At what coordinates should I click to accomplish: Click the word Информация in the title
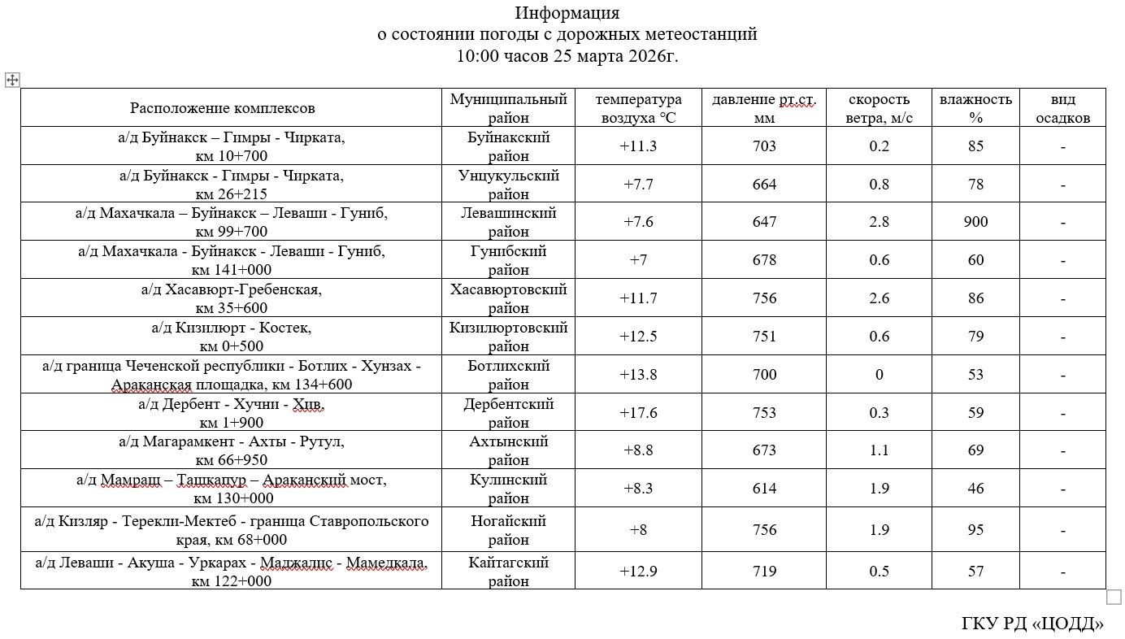click(x=567, y=13)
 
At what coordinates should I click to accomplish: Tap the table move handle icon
click(x=12, y=80)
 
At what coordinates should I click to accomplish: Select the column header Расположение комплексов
click(x=223, y=108)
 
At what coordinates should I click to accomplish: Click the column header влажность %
click(x=975, y=108)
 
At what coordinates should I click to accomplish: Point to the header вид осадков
click(x=1062, y=108)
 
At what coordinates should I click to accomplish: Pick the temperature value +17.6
click(x=639, y=413)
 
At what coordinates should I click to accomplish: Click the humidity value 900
click(x=975, y=222)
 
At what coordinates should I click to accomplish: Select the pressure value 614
click(x=764, y=489)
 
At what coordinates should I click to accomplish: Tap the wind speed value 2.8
click(x=879, y=222)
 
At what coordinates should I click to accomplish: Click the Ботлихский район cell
click(x=509, y=375)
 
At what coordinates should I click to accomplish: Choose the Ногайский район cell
click(x=509, y=530)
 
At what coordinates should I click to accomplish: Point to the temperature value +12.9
click(x=639, y=572)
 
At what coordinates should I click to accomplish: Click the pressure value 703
click(x=764, y=146)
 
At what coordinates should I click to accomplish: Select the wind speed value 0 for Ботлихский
click(x=879, y=375)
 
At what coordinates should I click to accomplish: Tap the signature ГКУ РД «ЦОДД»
click(x=1032, y=624)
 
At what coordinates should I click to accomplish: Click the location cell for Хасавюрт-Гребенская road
click(x=232, y=298)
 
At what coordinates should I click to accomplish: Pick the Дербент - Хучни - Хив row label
click(x=232, y=413)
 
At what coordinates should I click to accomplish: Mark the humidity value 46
click(x=975, y=489)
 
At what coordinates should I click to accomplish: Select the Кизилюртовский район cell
click(x=509, y=337)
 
